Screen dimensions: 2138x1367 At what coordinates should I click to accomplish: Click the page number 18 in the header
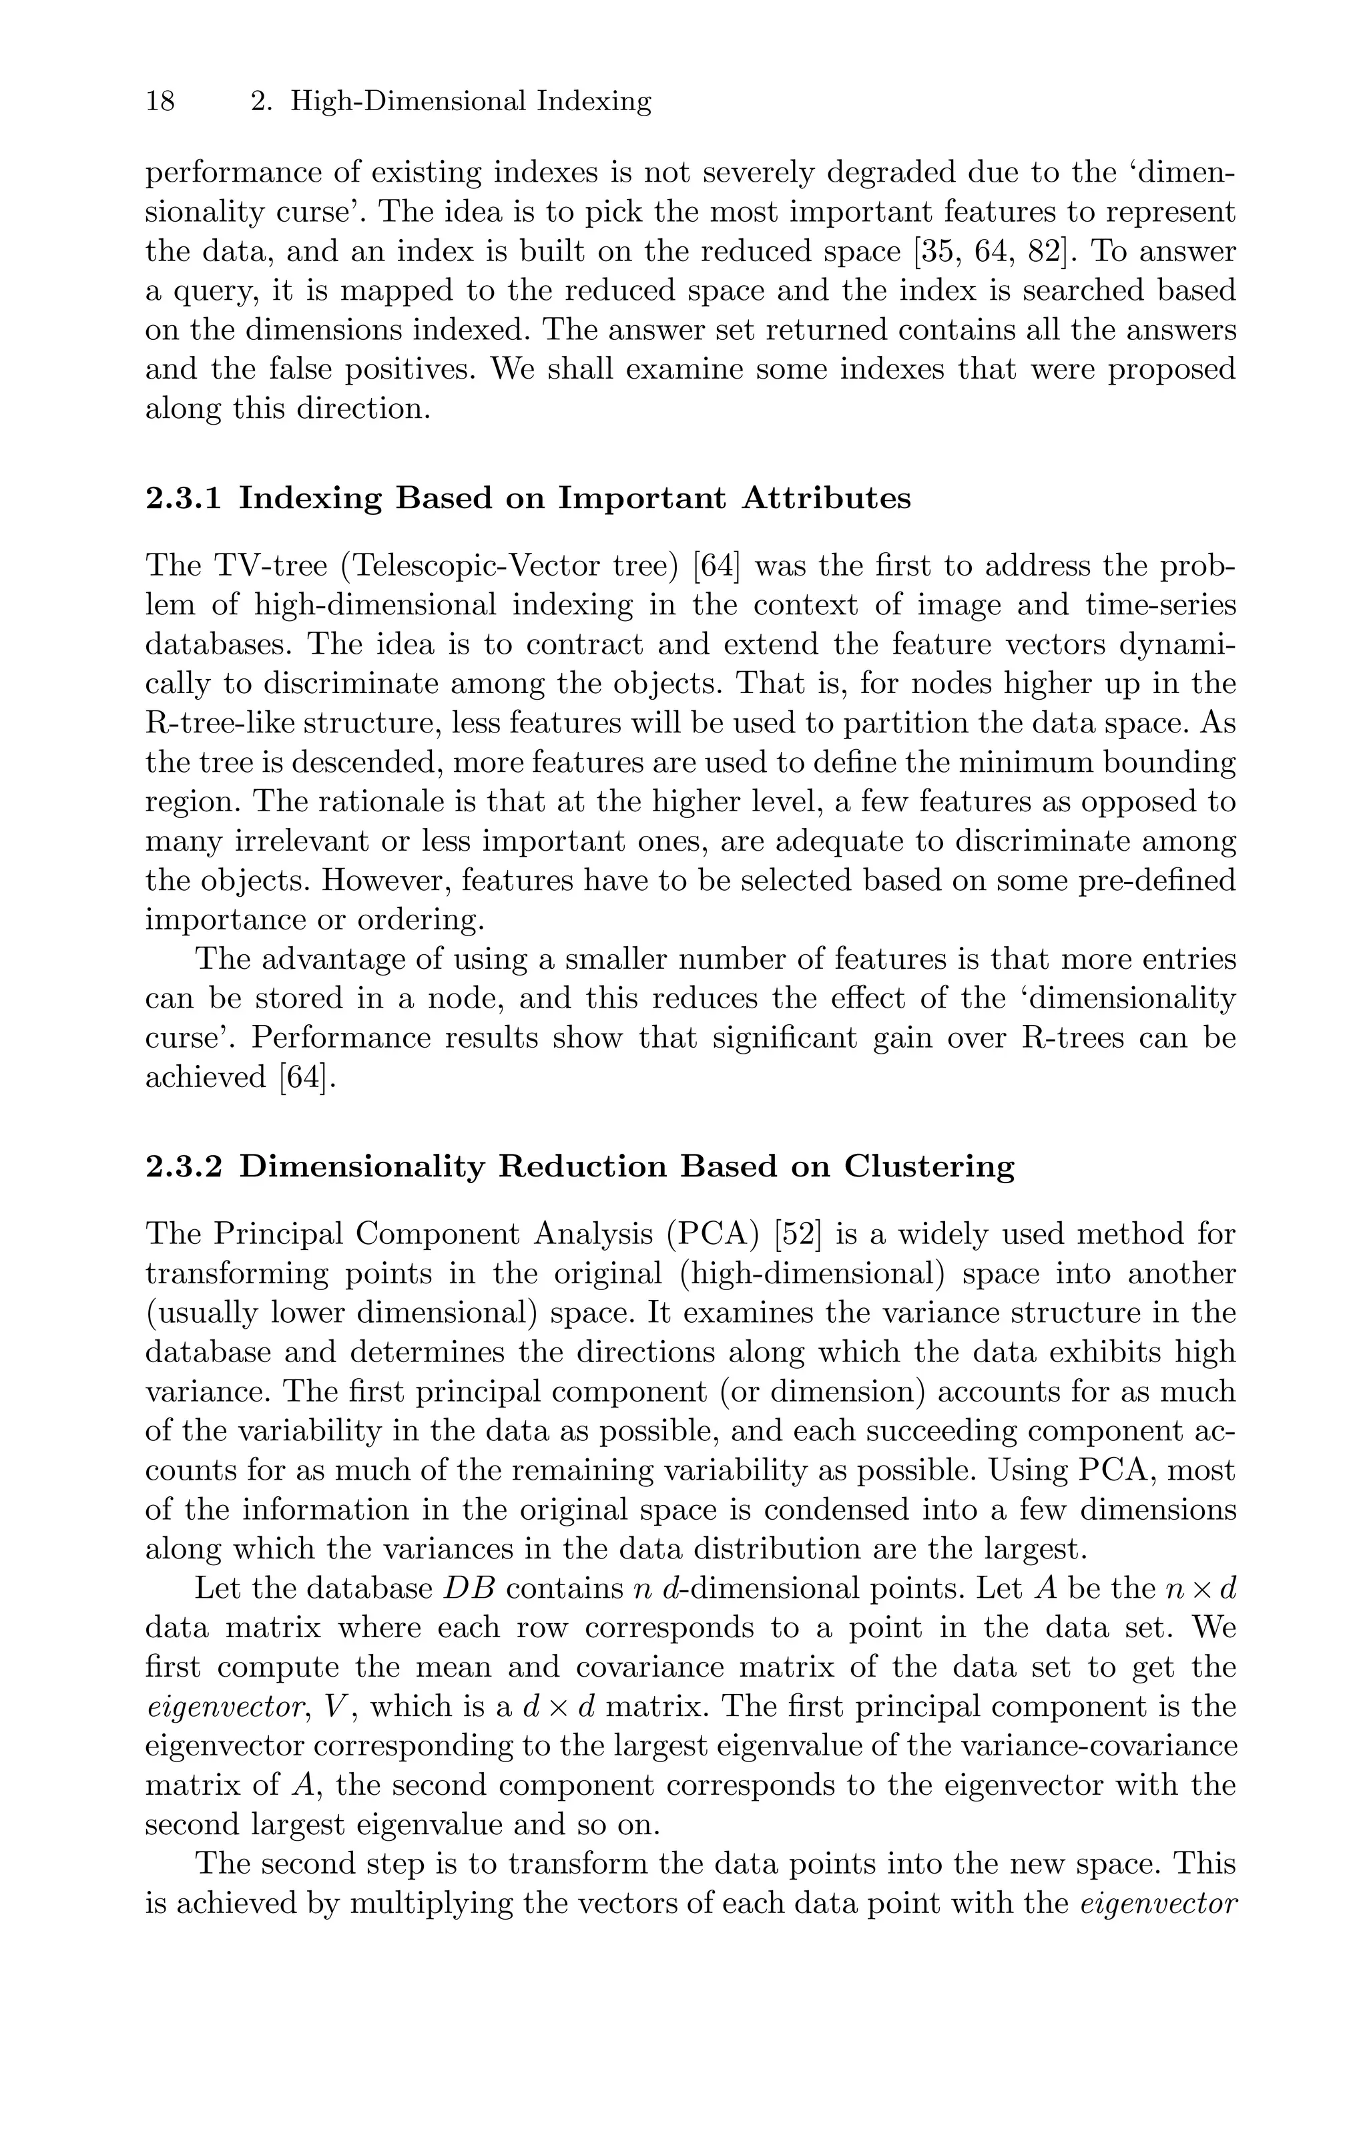click(x=161, y=101)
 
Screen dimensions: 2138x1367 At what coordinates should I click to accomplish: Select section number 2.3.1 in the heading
click(x=184, y=498)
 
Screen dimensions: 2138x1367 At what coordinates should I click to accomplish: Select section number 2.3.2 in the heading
click(x=184, y=1166)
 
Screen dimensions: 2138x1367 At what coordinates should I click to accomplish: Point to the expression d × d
click(x=547, y=1707)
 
